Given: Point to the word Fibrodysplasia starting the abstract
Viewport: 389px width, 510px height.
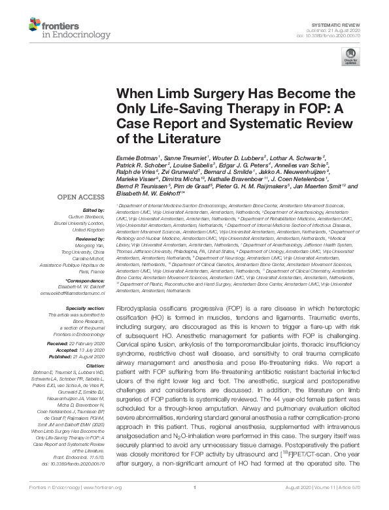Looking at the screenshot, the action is [137, 307].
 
